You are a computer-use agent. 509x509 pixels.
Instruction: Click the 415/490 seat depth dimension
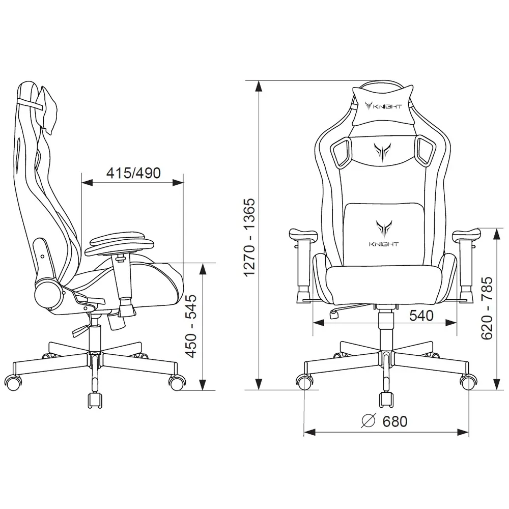pos(133,173)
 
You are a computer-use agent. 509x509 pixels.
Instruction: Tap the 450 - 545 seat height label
pos(191,326)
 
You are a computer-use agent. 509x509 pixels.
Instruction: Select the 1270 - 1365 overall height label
pos(249,237)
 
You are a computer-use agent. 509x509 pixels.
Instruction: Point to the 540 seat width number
pos(421,315)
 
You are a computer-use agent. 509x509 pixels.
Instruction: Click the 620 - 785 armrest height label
pos(487,308)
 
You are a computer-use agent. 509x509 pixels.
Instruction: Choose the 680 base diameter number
pos(395,421)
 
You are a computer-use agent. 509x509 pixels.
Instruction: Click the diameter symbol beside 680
pos(368,421)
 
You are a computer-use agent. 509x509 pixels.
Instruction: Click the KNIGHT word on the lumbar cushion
pos(383,244)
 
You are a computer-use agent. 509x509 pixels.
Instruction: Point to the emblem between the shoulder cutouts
pos(382,152)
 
